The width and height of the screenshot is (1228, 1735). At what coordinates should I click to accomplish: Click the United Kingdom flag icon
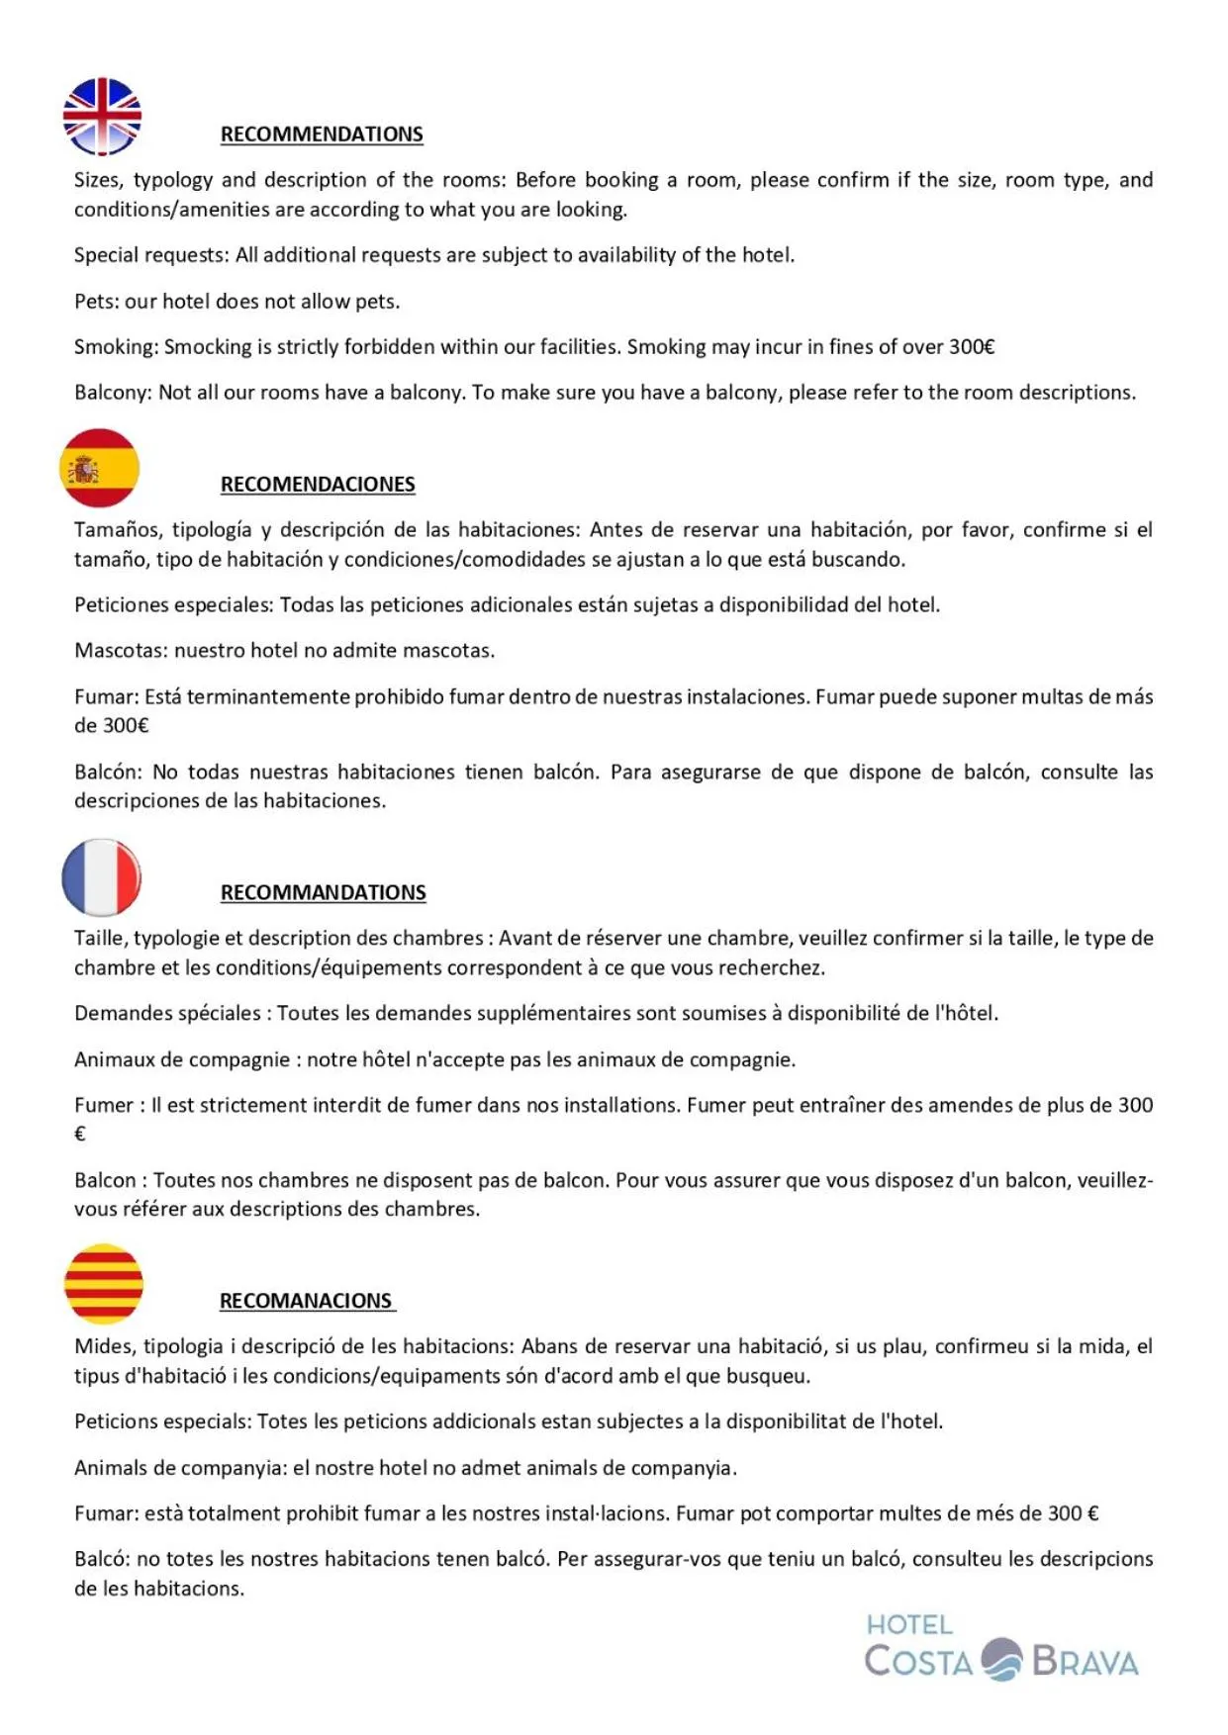click(x=102, y=117)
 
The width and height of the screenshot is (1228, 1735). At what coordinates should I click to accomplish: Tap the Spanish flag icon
click(x=99, y=468)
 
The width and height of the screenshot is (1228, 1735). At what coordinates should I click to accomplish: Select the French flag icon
click(x=101, y=877)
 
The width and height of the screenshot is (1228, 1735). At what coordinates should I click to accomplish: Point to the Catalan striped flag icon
click(x=103, y=1284)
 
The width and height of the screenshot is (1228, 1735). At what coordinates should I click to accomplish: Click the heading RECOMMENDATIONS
click(x=322, y=135)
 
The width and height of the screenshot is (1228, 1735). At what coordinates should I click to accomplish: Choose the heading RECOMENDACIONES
click(x=318, y=485)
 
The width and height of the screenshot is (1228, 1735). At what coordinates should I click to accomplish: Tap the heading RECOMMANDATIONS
click(x=323, y=892)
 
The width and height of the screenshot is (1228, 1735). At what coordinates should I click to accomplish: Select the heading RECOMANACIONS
click(x=306, y=1301)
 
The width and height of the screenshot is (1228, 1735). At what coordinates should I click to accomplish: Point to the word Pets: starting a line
click(x=97, y=302)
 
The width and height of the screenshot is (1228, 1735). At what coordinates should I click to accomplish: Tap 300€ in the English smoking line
click(x=971, y=347)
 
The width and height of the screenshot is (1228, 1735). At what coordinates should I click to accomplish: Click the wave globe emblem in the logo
click(x=1001, y=1660)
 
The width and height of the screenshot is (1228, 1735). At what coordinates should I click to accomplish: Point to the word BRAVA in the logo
click(x=1085, y=1662)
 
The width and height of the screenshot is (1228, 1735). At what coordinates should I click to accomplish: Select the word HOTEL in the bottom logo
click(x=909, y=1625)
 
